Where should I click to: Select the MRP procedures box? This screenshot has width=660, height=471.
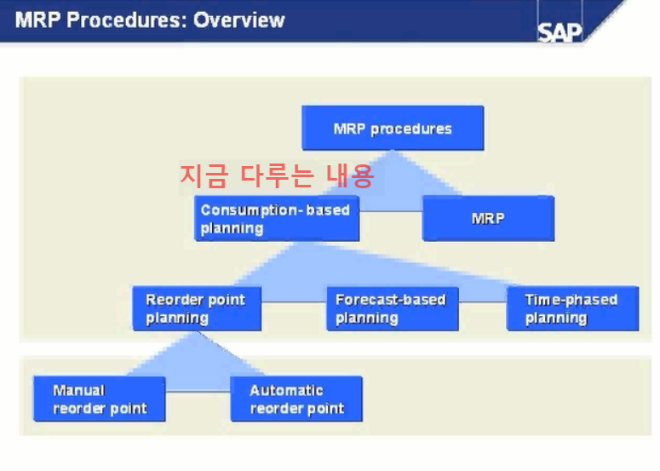[x=393, y=129]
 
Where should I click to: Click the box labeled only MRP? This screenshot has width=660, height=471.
[x=488, y=218]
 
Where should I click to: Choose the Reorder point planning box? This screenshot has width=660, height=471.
[x=197, y=308]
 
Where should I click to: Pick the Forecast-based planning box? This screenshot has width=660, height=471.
[x=393, y=308]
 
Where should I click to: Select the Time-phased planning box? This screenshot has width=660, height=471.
[x=572, y=308]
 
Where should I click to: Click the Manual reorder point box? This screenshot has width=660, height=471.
[x=100, y=399]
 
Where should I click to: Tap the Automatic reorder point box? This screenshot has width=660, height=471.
[x=296, y=399]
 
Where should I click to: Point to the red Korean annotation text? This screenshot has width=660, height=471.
[x=277, y=176]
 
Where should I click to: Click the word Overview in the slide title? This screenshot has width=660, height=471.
[x=239, y=20]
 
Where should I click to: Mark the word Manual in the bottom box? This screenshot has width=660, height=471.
[x=78, y=390]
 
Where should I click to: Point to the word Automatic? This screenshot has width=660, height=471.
[x=286, y=390]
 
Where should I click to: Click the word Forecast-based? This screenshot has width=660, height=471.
[x=390, y=300]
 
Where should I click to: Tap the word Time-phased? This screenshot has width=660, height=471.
[x=571, y=300]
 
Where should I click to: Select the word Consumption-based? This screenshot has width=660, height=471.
[x=275, y=210]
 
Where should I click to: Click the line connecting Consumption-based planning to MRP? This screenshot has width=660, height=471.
[x=391, y=210]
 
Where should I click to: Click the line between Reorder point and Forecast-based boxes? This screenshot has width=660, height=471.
[x=294, y=300]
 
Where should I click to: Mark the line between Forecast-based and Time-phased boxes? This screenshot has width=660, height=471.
[x=482, y=300]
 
